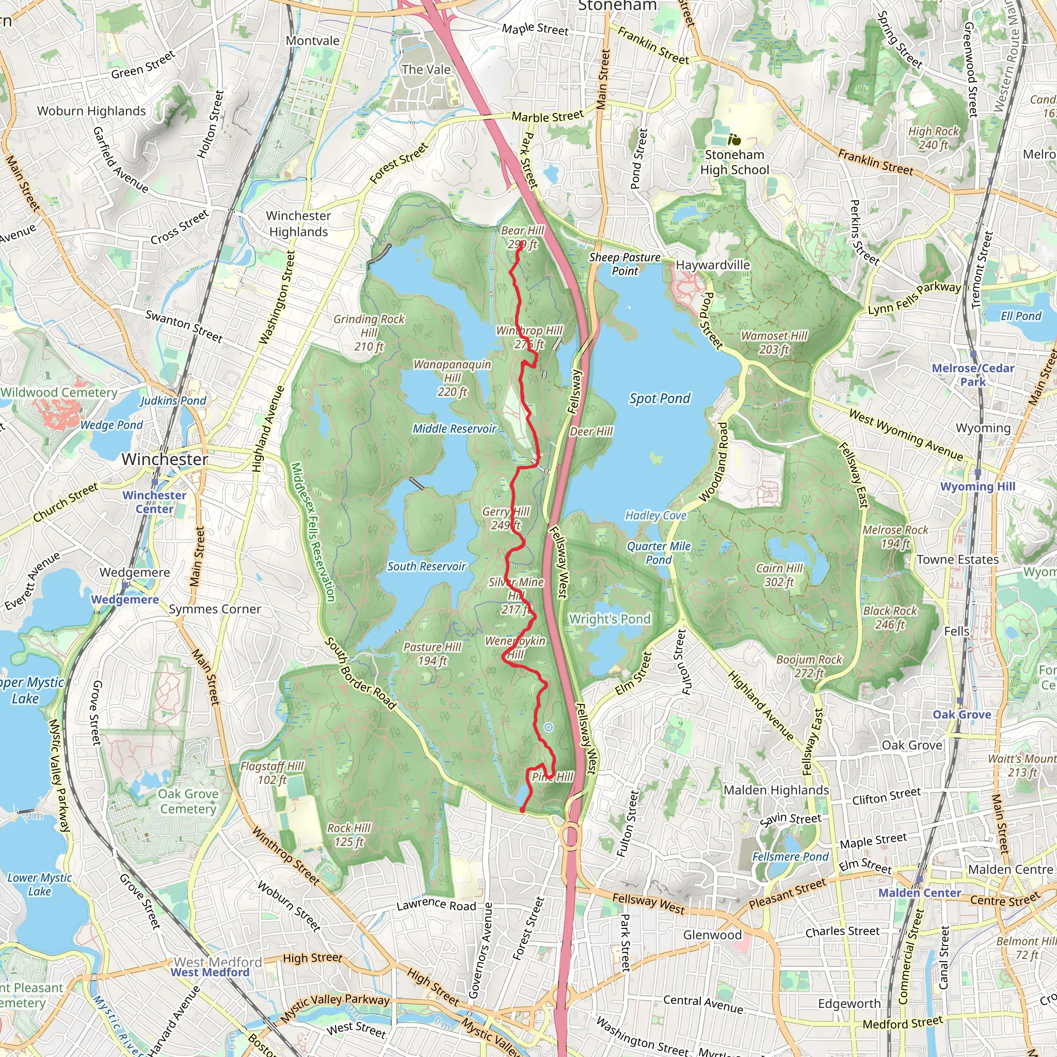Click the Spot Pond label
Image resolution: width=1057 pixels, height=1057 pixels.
pos(659,398)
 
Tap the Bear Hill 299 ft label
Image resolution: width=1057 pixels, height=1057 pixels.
pos(522,237)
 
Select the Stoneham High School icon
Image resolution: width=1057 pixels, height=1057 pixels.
pos(734,139)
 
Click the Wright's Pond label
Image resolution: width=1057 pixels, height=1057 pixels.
pos(610,619)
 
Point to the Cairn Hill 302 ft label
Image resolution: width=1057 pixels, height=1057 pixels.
pos(778,575)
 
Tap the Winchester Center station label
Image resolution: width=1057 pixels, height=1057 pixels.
pos(154,502)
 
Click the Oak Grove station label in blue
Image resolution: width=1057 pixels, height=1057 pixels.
pos(962,714)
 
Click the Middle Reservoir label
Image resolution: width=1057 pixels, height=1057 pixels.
pos(454,428)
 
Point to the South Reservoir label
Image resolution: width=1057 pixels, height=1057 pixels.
pos(426,566)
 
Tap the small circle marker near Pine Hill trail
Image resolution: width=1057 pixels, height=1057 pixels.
pos(548,727)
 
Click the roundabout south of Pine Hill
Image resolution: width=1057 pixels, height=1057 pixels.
pos(571,836)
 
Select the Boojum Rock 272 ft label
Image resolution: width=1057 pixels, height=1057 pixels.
pos(809,666)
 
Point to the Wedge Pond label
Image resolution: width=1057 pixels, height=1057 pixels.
pos(111,425)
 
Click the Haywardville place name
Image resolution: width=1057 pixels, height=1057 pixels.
pos(713,265)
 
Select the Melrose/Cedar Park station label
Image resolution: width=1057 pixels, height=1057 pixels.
pos(973,375)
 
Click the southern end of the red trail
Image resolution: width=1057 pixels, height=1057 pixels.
pos(522,810)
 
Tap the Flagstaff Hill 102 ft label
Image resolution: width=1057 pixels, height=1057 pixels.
pos(272,773)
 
